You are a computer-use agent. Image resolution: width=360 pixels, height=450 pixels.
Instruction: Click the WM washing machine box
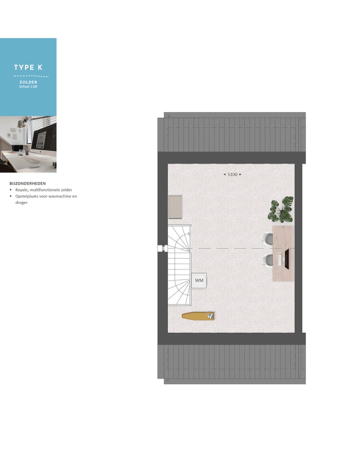click(199, 280)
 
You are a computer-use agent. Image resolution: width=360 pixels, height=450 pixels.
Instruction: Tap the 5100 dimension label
click(232, 174)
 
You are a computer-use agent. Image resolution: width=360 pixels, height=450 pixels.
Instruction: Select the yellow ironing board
click(198, 315)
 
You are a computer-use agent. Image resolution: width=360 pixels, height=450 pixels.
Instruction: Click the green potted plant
click(281, 209)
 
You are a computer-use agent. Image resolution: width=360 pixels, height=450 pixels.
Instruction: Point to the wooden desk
click(283, 253)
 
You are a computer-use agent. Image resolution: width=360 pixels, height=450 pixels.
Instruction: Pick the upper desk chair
click(268, 239)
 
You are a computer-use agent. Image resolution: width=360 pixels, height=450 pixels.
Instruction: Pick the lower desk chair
click(268, 259)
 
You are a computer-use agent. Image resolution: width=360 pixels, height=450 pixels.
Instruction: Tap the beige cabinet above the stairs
click(175, 206)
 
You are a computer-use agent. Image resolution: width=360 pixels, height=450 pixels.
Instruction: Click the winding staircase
click(178, 265)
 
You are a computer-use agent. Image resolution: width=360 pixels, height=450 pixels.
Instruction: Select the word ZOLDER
click(28, 82)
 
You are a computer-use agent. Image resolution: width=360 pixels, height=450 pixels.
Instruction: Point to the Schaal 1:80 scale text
click(28, 86)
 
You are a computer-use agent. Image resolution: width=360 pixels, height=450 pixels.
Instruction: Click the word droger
click(21, 202)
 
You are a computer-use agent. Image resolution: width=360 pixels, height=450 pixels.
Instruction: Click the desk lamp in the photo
click(22, 123)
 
